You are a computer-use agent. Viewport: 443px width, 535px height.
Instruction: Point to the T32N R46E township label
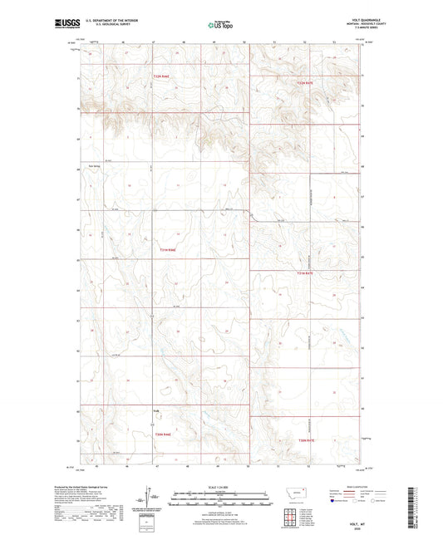coord(165,77)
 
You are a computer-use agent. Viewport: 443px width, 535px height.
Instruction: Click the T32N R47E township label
coord(309,83)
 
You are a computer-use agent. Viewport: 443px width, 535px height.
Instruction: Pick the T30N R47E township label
coord(307,439)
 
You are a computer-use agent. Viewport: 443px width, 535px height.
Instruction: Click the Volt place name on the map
coord(155,409)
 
